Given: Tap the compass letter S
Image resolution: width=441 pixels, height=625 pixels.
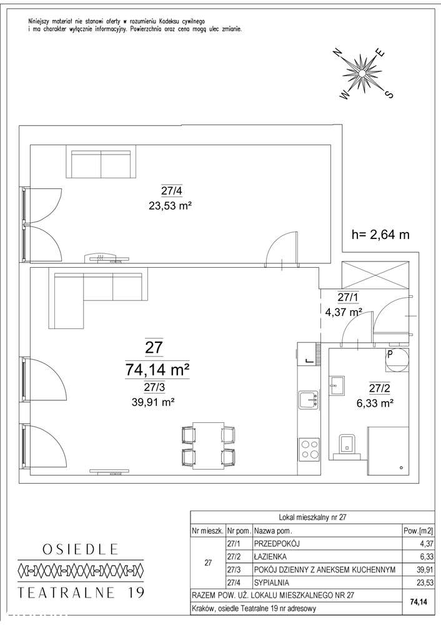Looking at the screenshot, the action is (x=389, y=94).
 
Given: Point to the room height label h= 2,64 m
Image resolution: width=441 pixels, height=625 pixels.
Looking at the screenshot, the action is (x=380, y=235).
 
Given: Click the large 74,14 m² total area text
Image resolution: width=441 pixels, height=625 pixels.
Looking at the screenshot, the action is (x=156, y=370).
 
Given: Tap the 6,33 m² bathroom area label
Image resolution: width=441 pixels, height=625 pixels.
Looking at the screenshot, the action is (x=375, y=403).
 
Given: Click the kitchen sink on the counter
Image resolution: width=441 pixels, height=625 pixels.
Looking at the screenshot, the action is (x=309, y=399).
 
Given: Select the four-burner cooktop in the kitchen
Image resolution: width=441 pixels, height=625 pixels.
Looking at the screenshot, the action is (x=309, y=449).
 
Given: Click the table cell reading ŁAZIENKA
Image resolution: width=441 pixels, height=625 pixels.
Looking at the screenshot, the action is (x=270, y=556).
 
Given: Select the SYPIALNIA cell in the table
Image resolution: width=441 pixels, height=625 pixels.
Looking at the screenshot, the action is (x=272, y=582).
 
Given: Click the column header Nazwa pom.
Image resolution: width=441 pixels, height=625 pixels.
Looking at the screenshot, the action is (x=273, y=531).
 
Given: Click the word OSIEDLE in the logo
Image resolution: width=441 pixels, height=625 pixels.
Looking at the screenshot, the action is (x=81, y=549).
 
